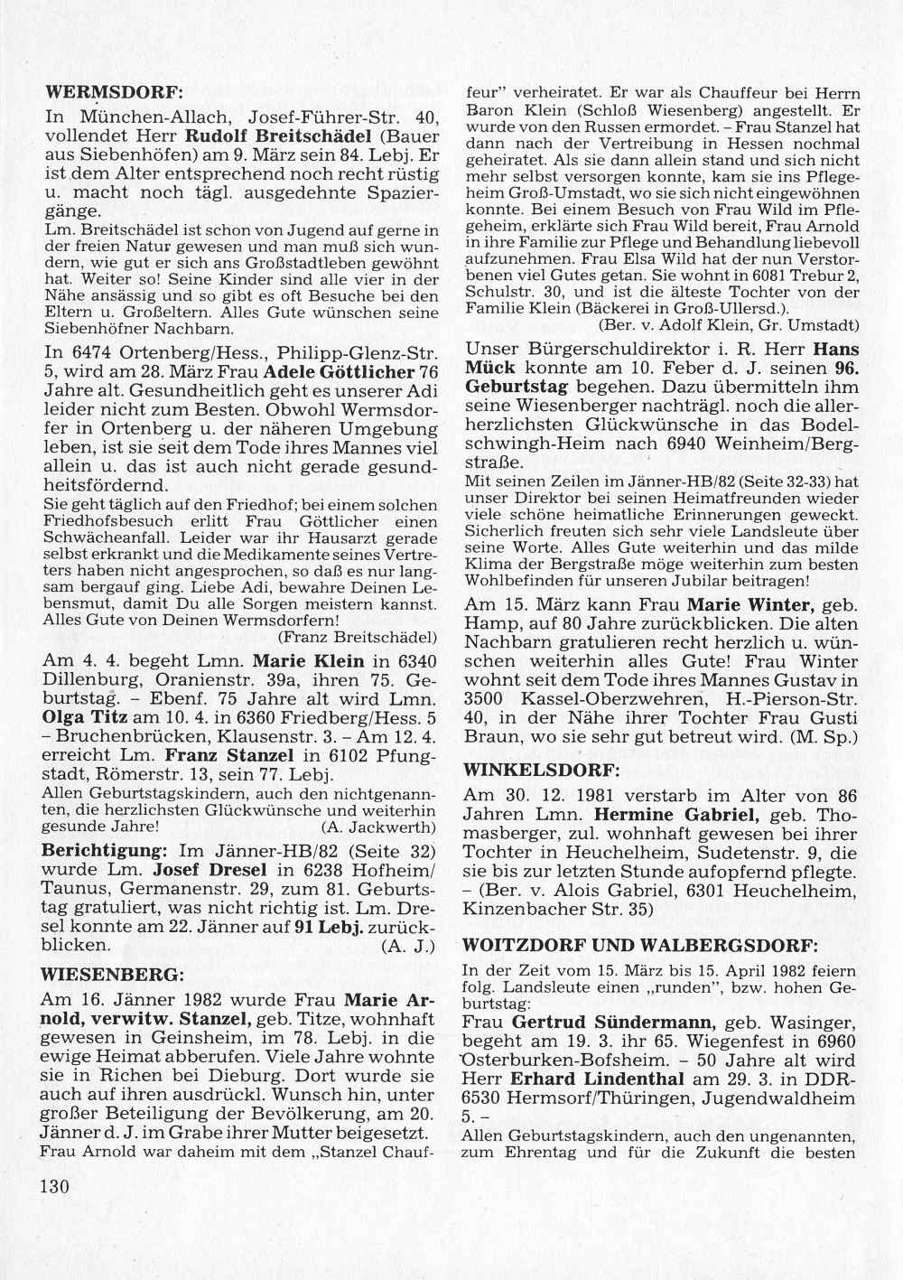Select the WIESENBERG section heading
[x=113, y=975]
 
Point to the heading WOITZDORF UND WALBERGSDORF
[x=639, y=946]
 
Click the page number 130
[x=54, y=1186]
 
